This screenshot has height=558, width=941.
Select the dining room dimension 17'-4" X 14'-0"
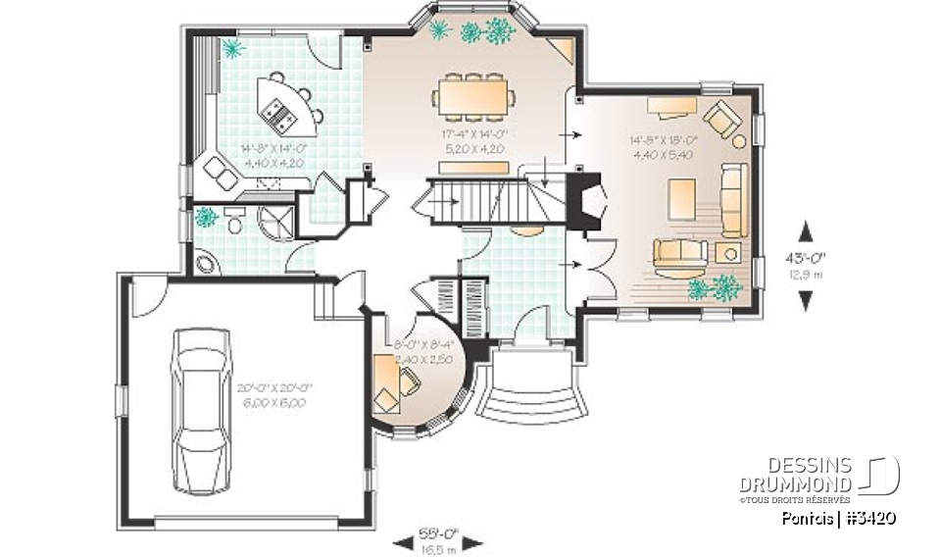pos(474,142)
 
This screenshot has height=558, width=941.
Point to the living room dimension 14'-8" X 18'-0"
pos(664,147)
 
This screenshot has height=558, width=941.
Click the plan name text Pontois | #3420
pos(838,518)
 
